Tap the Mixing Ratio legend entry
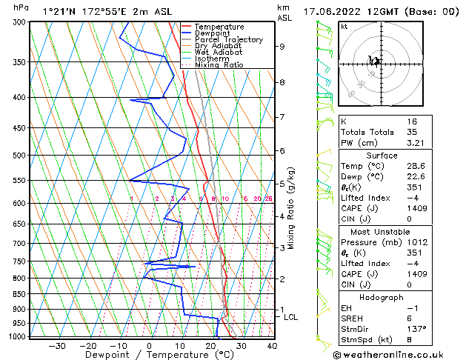[x=219, y=65]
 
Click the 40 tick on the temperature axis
[x=272, y=345]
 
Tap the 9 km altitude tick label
[x=282, y=47]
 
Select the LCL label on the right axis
[x=291, y=317]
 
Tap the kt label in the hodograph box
[x=344, y=26]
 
